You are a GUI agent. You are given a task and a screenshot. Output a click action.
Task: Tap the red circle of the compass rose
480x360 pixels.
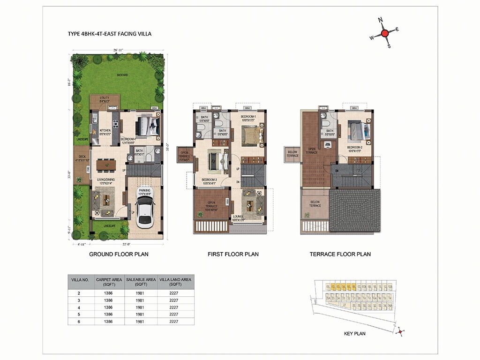pyautogui.click(x=384, y=33)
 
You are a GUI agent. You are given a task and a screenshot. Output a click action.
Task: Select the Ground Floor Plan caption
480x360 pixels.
pyautogui.click(x=119, y=255)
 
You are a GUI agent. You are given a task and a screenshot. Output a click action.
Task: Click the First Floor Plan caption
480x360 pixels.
pyautogui.click(x=233, y=255)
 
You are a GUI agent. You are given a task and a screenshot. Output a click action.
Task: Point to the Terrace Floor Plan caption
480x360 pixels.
pyautogui.click(x=340, y=255)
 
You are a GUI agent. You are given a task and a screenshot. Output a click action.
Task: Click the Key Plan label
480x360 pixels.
pyautogui.click(x=355, y=334)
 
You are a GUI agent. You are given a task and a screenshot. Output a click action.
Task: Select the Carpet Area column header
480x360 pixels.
pyautogui.click(x=108, y=282)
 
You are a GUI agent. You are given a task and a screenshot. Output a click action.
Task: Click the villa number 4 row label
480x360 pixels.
pyautogui.click(x=79, y=307)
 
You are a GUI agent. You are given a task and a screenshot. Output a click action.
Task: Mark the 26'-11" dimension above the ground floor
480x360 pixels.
pyautogui.click(x=118, y=49)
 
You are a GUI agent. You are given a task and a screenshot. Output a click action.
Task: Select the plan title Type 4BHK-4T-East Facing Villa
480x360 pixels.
pyautogui.click(x=109, y=34)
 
